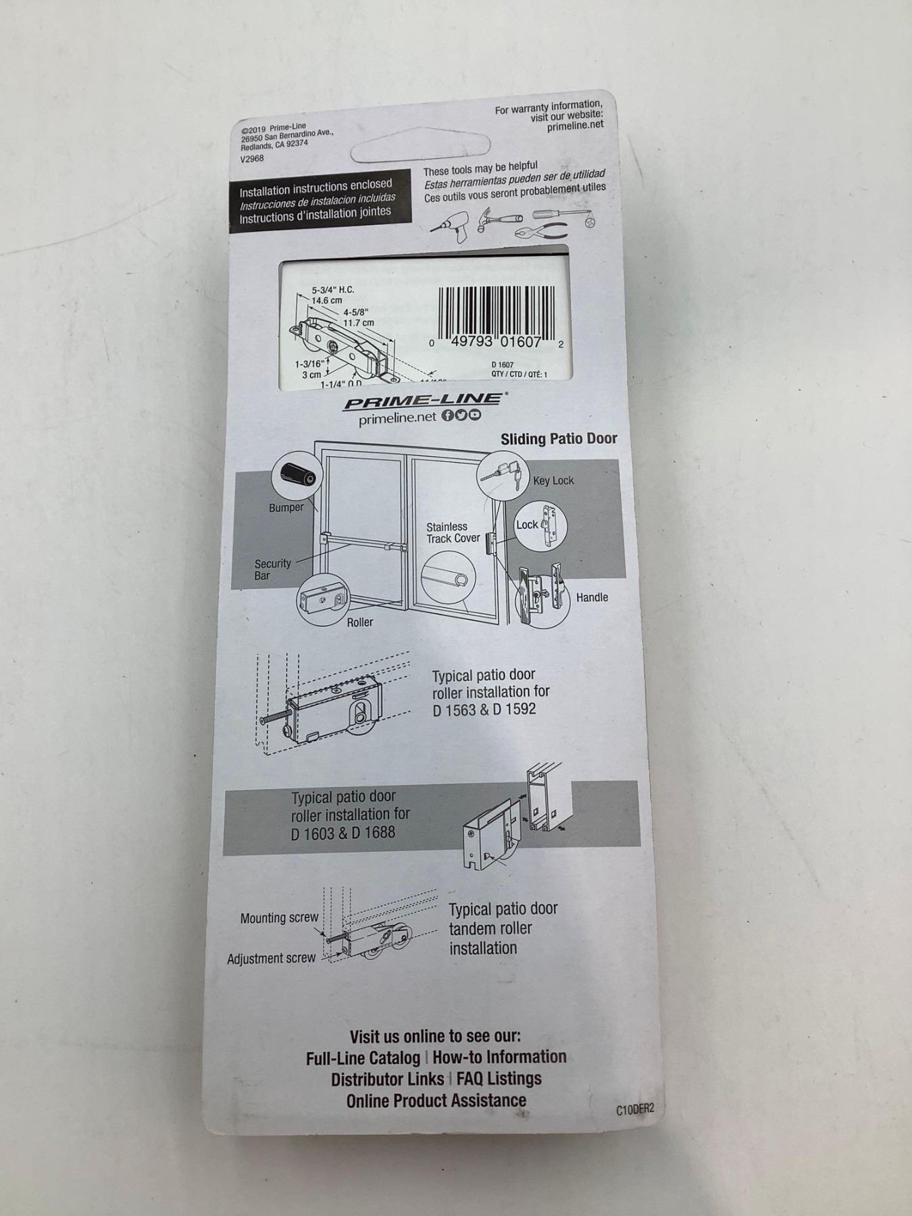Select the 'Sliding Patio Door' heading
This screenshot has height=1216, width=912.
pyautogui.click(x=559, y=438)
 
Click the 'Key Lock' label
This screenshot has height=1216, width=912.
pyautogui.click(x=553, y=480)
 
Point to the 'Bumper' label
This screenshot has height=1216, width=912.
pyautogui.click(x=286, y=507)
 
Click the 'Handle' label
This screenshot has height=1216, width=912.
pyautogui.click(x=592, y=597)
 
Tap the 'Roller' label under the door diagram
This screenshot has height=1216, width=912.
pyautogui.click(x=359, y=622)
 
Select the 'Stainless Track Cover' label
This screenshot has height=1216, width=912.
pyautogui.click(x=453, y=532)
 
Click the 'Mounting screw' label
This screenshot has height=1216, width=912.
pyautogui.click(x=279, y=918)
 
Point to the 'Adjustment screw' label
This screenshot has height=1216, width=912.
pyautogui.click(x=271, y=959)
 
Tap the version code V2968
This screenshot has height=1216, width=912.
pyautogui.click(x=252, y=159)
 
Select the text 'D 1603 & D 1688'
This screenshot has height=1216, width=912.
pyautogui.click(x=343, y=833)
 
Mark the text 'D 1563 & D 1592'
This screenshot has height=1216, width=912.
pyautogui.click(x=484, y=709)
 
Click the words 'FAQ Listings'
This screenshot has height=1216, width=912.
pyautogui.click(x=499, y=1079)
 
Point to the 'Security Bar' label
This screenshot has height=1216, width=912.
pyautogui.click(x=272, y=569)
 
